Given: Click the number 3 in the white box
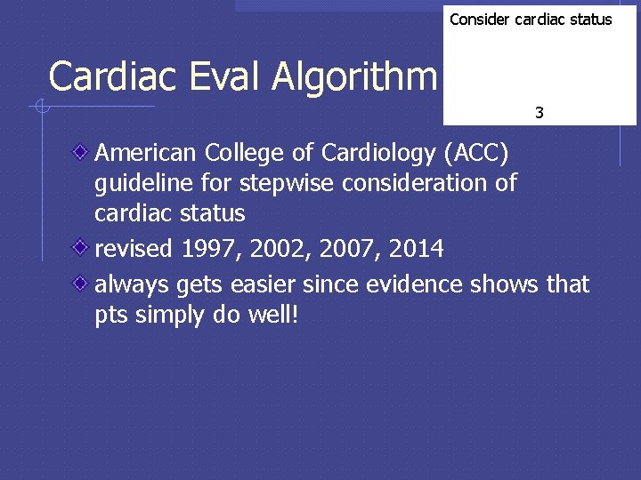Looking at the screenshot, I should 540,113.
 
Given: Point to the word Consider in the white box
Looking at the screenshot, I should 480,20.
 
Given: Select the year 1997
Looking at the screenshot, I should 211,249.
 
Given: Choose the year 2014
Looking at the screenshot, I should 414,249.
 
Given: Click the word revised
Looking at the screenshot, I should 134,249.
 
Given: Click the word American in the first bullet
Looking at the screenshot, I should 146,154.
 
